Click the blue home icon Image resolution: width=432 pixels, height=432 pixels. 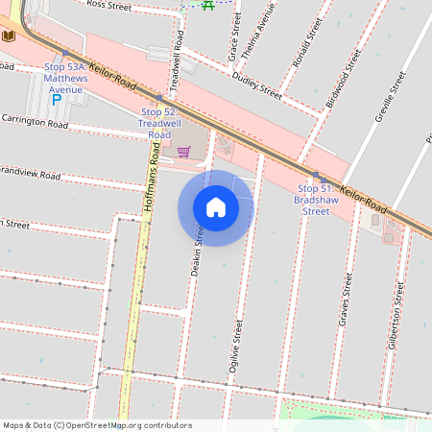pyautogui.click(x=216, y=207)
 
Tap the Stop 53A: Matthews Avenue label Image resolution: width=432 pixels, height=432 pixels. pyautogui.click(x=79, y=78)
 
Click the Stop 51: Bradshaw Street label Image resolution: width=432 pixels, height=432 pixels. pyautogui.click(x=317, y=199)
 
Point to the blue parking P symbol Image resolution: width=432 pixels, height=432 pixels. pyautogui.click(x=56, y=98)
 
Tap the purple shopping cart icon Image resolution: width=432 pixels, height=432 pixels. pyautogui.click(x=183, y=151)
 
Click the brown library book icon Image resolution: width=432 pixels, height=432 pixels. pyautogui.click(x=10, y=36)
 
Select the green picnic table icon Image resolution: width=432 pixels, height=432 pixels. pyautogui.click(x=208, y=5)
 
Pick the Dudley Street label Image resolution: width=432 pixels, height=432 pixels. pyautogui.click(x=257, y=89)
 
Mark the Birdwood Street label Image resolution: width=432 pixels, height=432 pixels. pyautogui.click(x=343, y=78)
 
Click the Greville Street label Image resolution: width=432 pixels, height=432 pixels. pyautogui.click(x=389, y=90)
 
